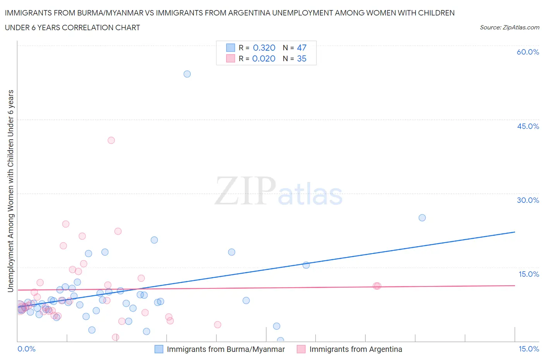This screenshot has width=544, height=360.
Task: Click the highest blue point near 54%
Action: pyautogui.click(x=187, y=74)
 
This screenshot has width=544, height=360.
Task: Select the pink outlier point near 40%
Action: pyautogui.click(x=111, y=140)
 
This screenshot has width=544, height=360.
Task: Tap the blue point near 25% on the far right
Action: pyautogui.click(x=422, y=218)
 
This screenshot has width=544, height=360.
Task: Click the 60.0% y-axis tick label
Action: pyautogui.click(x=528, y=52)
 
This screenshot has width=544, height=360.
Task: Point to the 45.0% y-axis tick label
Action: pyautogui.click(x=528, y=126)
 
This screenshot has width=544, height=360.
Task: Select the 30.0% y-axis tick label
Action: pyautogui.click(x=528, y=200)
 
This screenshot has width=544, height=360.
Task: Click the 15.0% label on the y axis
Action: pyautogui.click(x=529, y=274)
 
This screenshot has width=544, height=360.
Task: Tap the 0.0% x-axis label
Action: pyautogui.click(x=26, y=349)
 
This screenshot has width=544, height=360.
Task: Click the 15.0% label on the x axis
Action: pyautogui.click(x=529, y=349)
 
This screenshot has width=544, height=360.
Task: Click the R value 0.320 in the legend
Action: pyautogui.click(x=264, y=48)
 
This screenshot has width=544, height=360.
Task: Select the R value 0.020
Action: pyautogui.click(x=263, y=58)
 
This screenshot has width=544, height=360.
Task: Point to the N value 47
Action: pyautogui.click(x=301, y=48)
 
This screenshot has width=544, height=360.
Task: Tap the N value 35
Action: pyautogui.click(x=301, y=58)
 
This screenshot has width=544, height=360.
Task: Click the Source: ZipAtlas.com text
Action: pyautogui.click(x=509, y=27)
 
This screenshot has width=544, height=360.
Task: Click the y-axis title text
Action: pyautogui.click(x=10, y=191)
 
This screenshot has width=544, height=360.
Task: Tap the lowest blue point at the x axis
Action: pyautogui.click(x=280, y=341)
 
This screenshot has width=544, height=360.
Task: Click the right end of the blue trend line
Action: pyautogui.click(x=515, y=232)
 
